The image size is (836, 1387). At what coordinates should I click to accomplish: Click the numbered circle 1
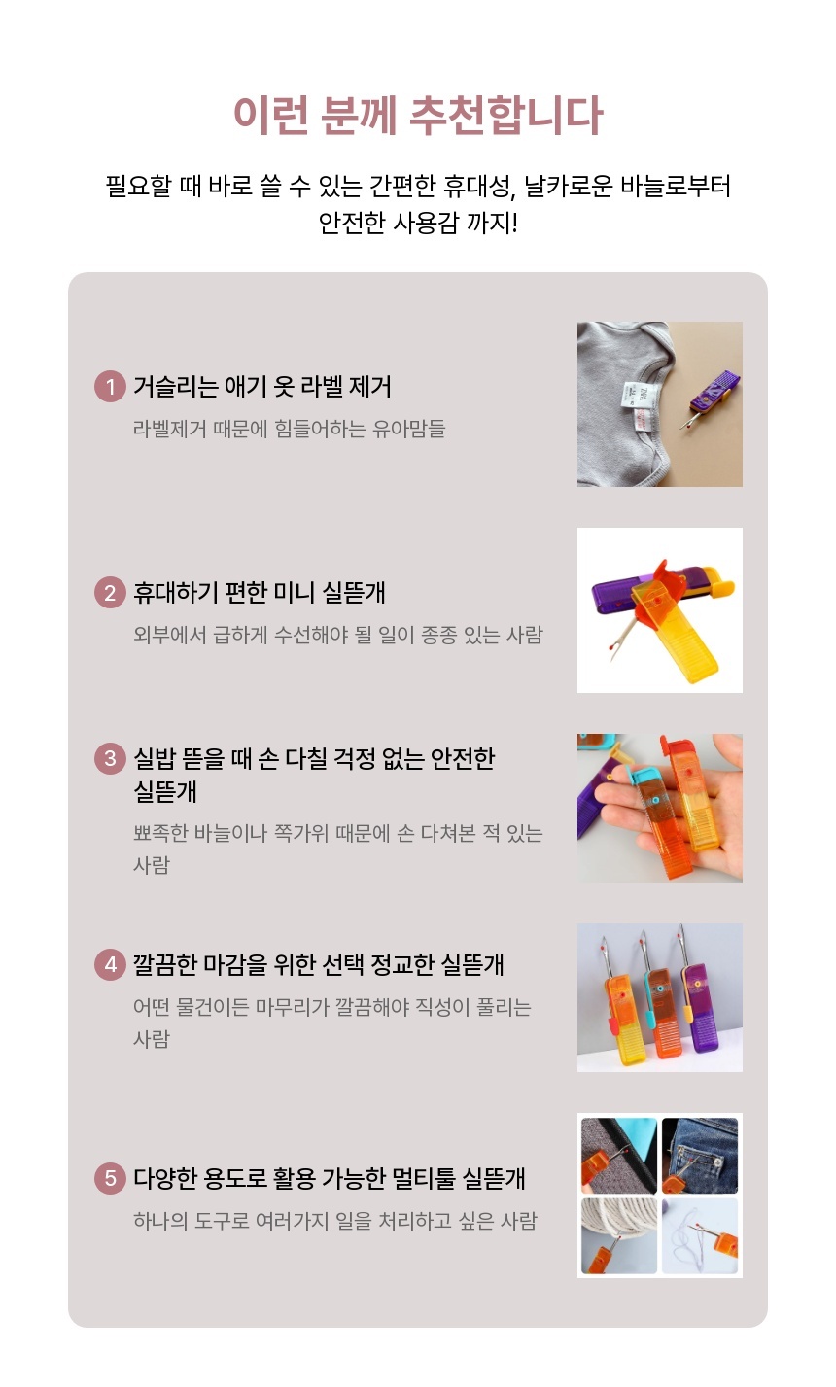[110, 387]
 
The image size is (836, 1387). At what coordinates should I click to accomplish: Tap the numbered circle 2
[110, 593]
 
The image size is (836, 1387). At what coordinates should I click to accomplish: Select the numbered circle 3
[110, 758]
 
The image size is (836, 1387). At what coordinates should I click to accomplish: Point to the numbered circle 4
[110, 965]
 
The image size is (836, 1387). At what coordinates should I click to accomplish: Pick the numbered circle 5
[110, 1178]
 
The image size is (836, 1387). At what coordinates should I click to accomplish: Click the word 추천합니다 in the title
[505, 115]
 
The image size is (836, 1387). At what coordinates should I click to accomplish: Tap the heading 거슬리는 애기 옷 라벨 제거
[262, 387]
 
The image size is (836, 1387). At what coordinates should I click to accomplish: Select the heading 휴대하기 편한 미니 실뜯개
[260, 593]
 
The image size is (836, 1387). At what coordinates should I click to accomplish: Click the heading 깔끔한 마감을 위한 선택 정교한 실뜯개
[319, 965]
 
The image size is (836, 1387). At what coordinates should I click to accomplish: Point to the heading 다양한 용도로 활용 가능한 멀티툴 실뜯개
[330, 1178]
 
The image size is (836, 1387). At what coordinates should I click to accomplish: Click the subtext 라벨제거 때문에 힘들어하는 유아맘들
[289, 429]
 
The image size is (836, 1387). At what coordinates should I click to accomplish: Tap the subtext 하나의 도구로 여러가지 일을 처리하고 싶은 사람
[335, 1221]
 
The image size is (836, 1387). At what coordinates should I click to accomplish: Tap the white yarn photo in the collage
[618, 1236]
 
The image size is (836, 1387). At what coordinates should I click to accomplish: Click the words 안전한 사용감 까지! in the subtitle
[418, 223]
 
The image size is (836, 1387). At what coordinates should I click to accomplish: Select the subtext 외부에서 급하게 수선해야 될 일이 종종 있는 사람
[338, 635]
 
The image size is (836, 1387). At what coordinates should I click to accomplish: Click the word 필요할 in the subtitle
[137, 186]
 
